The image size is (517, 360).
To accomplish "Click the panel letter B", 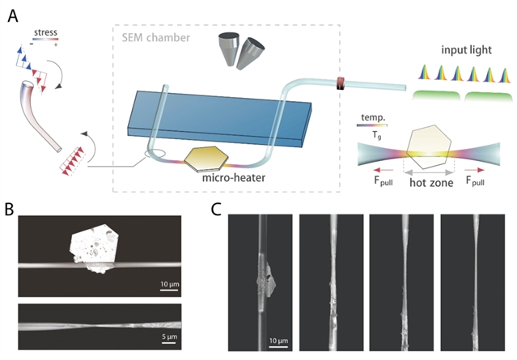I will coord(10,209).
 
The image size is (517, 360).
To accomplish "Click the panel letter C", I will coord(216,208).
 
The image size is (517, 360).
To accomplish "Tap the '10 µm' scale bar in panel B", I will coord(167,284).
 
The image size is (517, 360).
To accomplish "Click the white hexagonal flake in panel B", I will coord(100,244).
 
